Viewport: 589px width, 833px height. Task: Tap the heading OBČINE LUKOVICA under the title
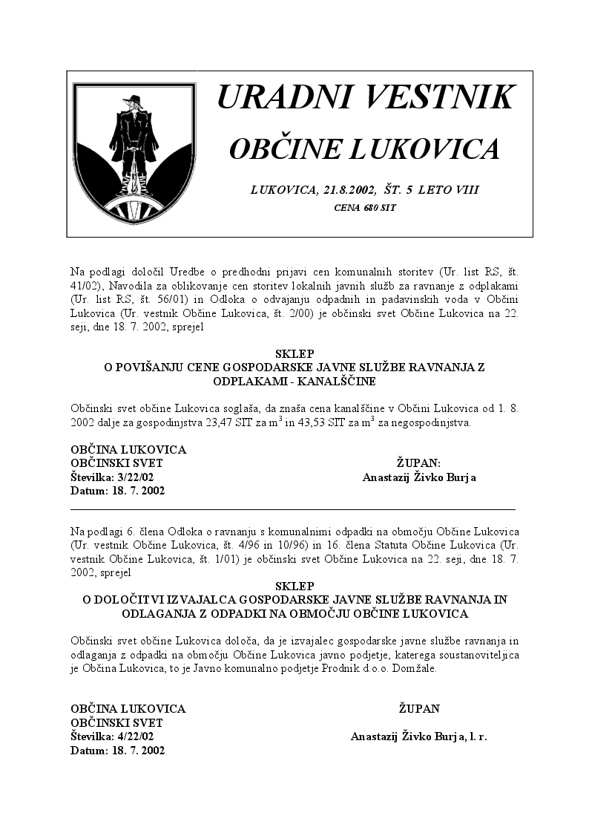(364, 149)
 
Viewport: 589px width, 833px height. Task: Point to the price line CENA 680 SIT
(365, 208)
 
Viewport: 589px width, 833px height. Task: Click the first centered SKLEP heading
(294, 353)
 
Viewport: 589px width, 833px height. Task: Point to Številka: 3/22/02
(112, 477)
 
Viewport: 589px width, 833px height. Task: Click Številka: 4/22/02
(112, 736)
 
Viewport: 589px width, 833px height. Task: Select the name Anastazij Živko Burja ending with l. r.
(418, 736)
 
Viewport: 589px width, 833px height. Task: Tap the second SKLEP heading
(294, 586)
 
